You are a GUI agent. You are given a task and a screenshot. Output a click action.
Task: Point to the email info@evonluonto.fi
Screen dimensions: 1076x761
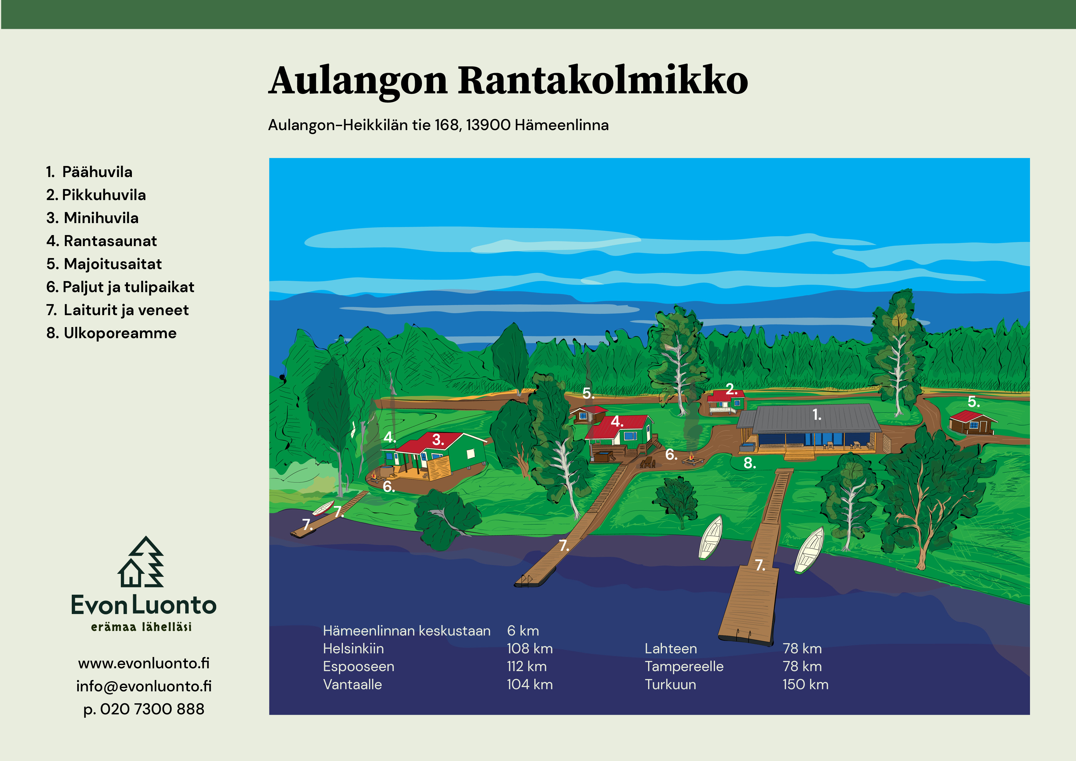pos(144,686)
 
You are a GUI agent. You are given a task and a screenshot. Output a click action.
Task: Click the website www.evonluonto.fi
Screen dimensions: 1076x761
pos(144,663)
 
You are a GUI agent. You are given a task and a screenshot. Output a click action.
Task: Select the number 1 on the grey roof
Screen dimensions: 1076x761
pos(817,415)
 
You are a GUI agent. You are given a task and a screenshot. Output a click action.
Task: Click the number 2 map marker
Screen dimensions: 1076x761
pos(731,389)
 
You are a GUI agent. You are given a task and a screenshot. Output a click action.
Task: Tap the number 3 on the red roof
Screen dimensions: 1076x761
pos(438,439)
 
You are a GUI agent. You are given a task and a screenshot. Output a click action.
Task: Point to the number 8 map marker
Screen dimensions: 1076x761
pos(749,463)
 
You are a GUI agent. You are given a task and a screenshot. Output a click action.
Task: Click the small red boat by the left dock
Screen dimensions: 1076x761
pos(323,508)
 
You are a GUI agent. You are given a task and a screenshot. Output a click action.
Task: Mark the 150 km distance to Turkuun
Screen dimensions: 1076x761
pos(805,685)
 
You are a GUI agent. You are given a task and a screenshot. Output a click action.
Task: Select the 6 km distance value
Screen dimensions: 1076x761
pos(523,631)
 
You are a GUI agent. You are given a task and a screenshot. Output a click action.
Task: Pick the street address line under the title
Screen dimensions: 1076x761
pos(438,125)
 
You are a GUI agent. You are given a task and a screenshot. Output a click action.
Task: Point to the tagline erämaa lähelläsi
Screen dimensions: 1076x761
pos(141,627)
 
